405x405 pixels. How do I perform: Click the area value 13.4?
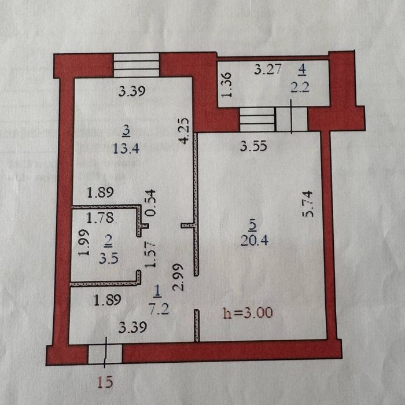click(x=126, y=149)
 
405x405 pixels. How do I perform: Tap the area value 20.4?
click(x=255, y=241)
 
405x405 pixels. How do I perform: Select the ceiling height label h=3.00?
click(x=248, y=313)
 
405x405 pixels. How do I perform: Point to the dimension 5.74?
click(x=308, y=204)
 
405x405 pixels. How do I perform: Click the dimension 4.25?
click(x=185, y=131)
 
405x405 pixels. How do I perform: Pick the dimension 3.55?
click(x=253, y=146)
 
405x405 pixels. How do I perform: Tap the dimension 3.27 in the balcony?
click(x=267, y=69)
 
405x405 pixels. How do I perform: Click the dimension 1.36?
click(x=227, y=84)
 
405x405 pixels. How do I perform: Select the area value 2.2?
click(x=300, y=87)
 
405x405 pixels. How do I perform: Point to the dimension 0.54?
click(x=151, y=203)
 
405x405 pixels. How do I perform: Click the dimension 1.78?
click(x=100, y=218)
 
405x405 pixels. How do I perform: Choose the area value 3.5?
click(x=109, y=259)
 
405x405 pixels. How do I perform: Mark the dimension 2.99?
click(x=178, y=277)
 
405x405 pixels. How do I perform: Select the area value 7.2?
click(x=159, y=309)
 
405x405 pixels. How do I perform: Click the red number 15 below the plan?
click(x=105, y=382)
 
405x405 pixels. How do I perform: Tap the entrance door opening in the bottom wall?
click(x=105, y=354)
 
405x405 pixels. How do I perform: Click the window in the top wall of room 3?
click(x=137, y=65)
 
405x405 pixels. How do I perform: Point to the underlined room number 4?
click(x=302, y=70)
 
